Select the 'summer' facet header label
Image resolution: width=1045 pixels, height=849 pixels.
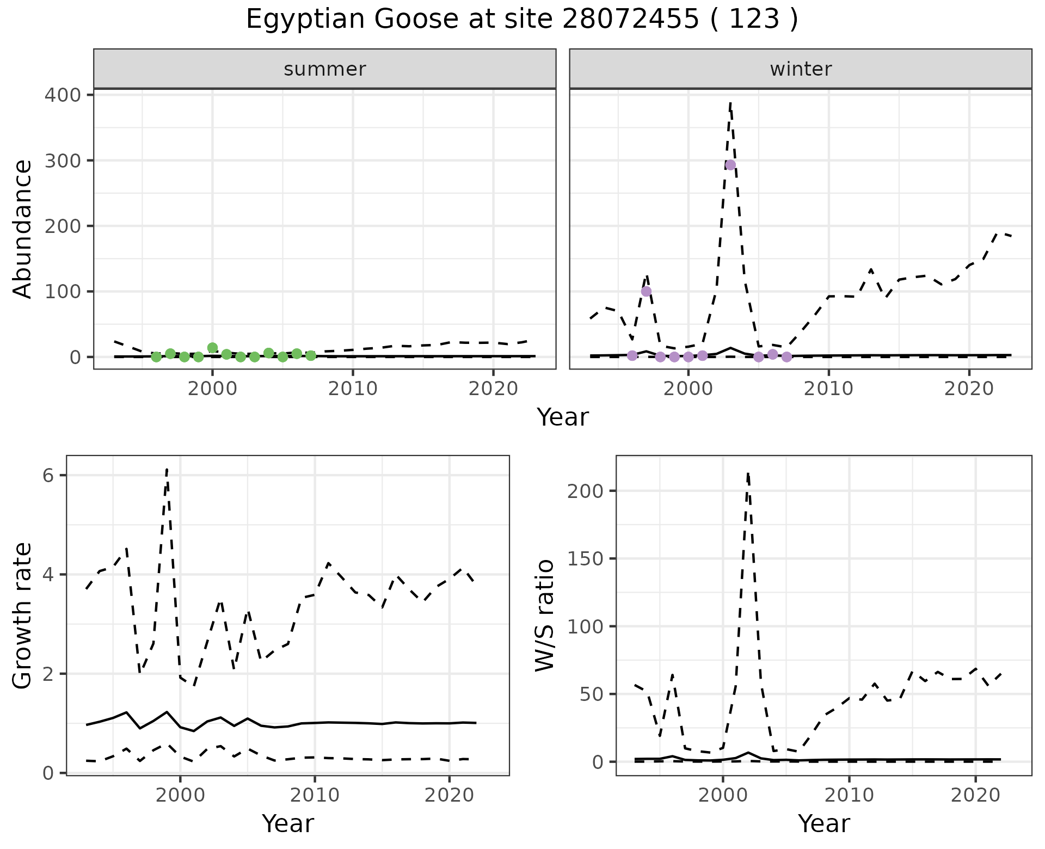325,69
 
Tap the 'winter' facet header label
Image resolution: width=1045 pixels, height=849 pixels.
801,69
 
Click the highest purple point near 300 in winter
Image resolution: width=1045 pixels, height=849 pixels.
730,165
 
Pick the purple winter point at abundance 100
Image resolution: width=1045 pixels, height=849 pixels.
646,291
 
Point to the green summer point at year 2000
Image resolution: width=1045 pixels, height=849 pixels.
213,348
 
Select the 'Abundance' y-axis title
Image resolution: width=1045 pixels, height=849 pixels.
23,229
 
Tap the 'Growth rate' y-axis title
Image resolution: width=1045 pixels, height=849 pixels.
23,616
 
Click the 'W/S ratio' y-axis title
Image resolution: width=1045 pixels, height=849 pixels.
545,616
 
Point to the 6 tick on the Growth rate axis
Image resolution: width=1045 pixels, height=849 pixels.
48,476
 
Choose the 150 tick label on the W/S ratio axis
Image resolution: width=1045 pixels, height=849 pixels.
585,558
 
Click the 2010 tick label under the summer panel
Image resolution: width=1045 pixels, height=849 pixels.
353,389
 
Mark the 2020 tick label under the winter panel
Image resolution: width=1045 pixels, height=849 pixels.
969,389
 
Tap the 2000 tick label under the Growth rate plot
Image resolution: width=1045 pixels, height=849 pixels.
180,795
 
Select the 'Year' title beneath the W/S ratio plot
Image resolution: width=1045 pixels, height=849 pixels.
823,824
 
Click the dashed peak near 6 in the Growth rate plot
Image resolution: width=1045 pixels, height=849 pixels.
167,469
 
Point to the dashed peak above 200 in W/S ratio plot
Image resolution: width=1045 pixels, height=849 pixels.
748,474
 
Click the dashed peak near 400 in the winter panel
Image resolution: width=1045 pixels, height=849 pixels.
730,102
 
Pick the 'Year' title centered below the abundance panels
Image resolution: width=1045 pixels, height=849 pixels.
563,417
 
